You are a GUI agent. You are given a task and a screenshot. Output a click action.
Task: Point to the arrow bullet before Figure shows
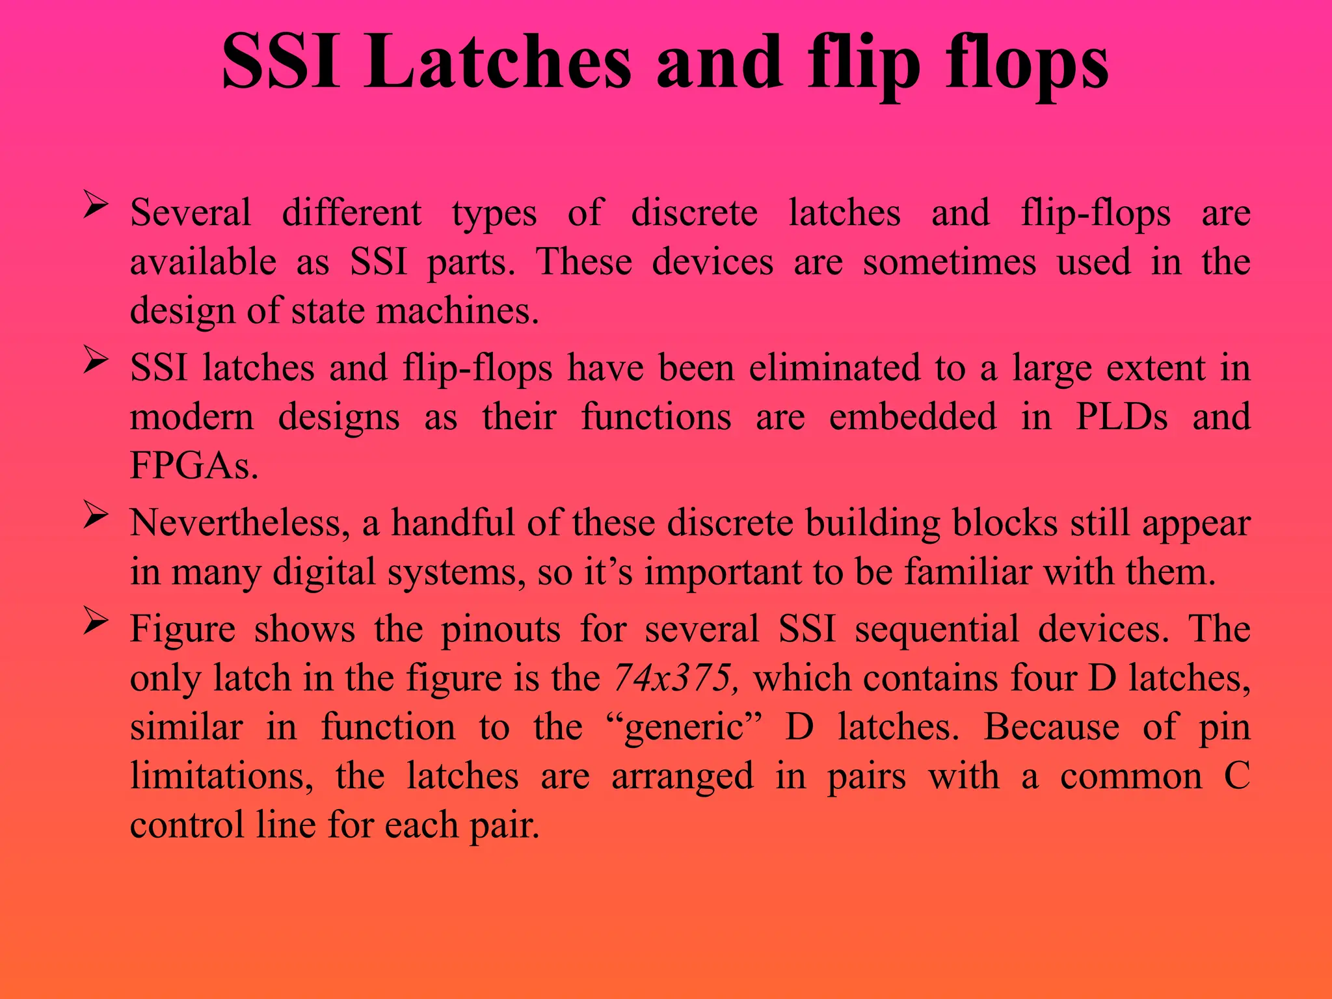click(x=95, y=622)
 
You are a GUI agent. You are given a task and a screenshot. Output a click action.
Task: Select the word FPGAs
click(x=194, y=466)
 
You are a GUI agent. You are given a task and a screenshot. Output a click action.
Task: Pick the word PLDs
click(x=1121, y=417)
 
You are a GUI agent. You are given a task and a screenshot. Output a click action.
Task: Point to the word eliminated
click(x=834, y=368)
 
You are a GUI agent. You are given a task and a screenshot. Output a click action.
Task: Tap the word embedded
click(x=912, y=417)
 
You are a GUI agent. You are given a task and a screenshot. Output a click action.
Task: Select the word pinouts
click(x=501, y=630)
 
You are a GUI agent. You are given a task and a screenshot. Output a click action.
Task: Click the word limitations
click(x=222, y=777)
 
